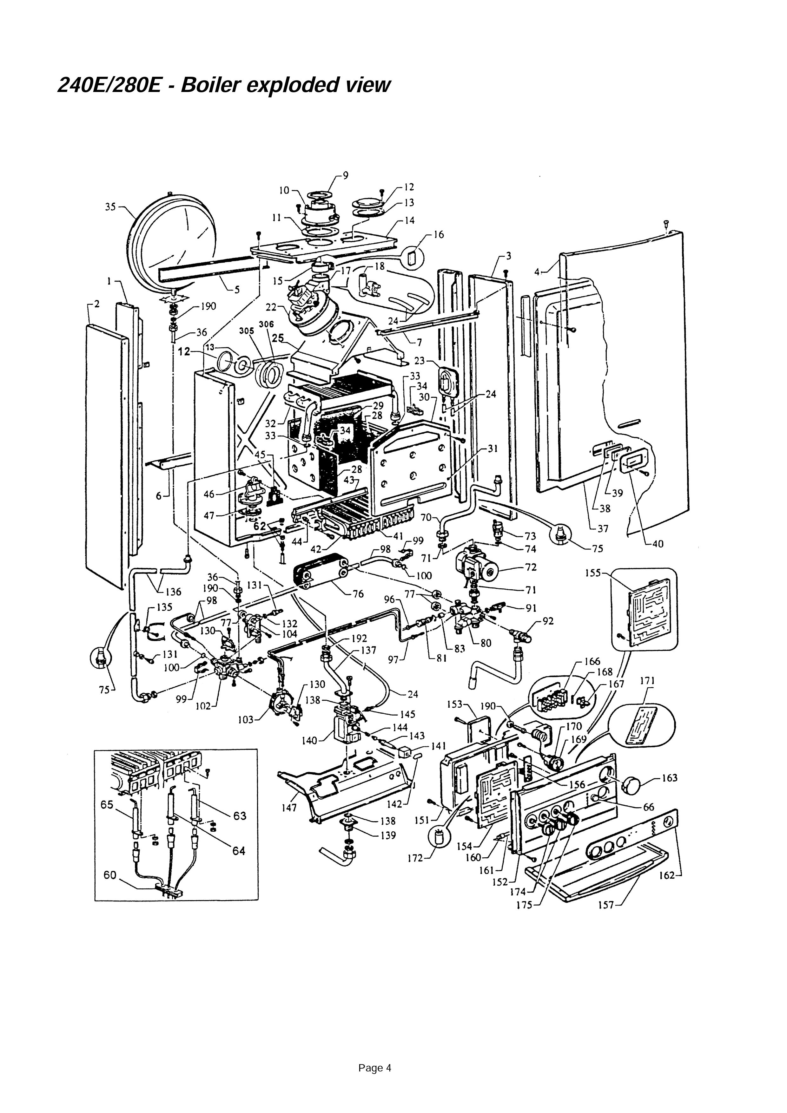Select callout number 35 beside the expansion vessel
[110, 207]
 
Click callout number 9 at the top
[345, 175]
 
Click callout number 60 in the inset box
[110, 875]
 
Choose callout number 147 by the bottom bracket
[289, 808]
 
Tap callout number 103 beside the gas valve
[246, 720]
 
